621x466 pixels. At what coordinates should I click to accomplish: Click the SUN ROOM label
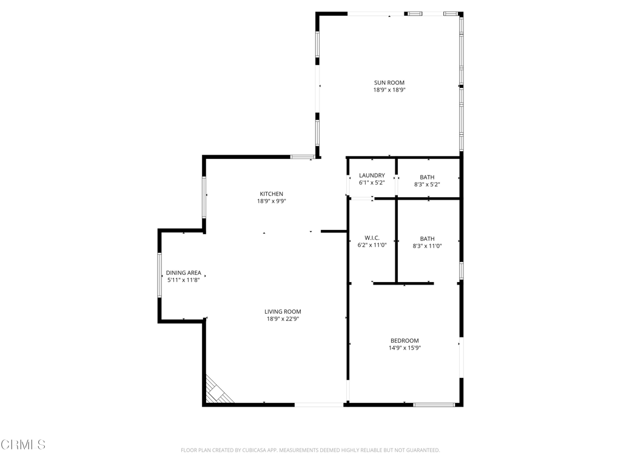click(x=389, y=83)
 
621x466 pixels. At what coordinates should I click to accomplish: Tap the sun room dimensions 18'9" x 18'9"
click(x=389, y=90)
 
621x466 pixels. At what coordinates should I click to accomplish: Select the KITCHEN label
click(x=271, y=194)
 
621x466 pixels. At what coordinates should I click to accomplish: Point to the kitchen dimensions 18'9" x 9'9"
click(x=271, y=201)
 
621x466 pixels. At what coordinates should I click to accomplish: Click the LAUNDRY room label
click(x=372, y=175)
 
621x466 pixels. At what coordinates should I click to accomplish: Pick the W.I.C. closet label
click(x=372, y=238)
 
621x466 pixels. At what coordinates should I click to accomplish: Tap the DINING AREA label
click(x=183, y=273)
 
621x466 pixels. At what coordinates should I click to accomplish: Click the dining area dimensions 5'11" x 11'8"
click(x=183, y=280)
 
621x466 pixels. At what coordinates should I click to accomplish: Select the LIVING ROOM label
click(x=283, y=312)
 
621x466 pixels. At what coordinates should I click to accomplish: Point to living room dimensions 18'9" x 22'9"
click(x=283, y=319)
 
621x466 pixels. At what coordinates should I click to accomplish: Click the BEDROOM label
click(x=404, y=341)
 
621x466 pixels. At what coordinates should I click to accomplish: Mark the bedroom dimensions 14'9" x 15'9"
click(x=404, y=348)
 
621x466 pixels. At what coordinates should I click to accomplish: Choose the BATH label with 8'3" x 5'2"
click(x=427, y=177)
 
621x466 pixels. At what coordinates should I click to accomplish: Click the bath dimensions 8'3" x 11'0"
click(x=427, y=246)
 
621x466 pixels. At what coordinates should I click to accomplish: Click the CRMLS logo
click(x=23, y=445)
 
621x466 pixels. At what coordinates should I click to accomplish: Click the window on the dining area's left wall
click(x=160, y=275)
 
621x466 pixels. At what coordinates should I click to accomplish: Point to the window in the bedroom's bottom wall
click(x=434, y=404)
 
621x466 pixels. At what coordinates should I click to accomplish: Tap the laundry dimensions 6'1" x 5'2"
click(x=372, y=183)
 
